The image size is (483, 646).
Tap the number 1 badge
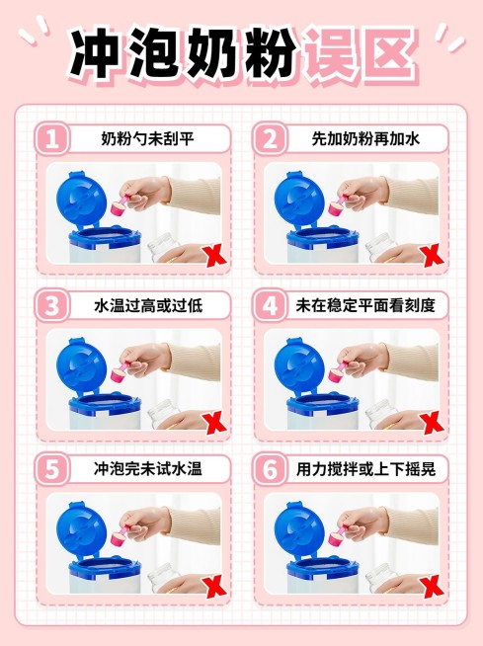click(x=52, y=138)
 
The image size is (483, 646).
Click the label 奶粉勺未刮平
click(x=148, y=139)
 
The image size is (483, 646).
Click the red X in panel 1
click(x=211, y=256)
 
